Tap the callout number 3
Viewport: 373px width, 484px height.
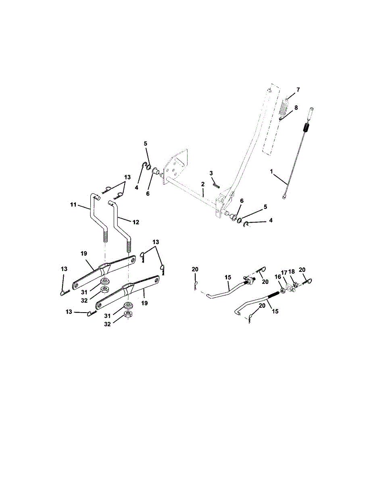(x=211, y=173)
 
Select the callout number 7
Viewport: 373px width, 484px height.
(x=298, y=89)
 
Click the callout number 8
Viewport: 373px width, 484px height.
(x=296, y=108)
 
